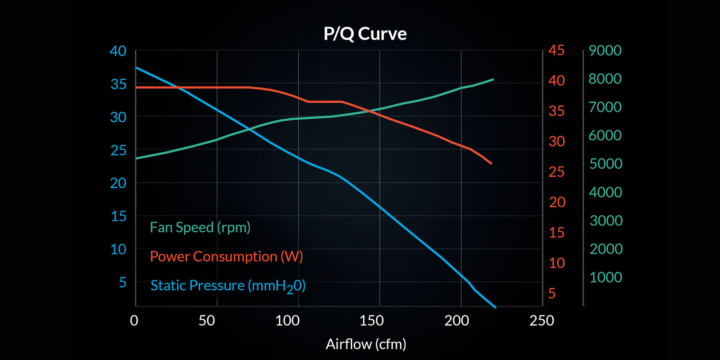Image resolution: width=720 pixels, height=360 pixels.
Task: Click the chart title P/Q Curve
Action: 365,34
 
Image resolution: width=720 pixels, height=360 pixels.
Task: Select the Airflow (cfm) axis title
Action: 366,344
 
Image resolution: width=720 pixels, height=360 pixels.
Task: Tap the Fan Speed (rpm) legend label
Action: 200,227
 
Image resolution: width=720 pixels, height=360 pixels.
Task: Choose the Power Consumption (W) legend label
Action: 226,256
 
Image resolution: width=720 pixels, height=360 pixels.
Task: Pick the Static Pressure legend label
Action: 228,286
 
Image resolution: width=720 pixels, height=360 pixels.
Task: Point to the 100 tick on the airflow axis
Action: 287,320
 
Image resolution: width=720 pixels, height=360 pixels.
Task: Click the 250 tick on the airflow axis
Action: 542,320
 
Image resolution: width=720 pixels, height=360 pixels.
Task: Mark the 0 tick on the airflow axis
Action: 134,320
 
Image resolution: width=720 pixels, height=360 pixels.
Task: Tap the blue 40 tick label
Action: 118,51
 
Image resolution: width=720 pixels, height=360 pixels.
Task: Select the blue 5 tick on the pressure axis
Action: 123,282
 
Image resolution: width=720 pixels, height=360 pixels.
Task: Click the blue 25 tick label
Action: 118,150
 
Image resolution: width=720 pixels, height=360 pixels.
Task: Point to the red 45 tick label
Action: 556,50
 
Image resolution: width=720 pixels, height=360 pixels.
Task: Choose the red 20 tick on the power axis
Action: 557,202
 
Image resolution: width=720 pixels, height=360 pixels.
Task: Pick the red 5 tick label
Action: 552,294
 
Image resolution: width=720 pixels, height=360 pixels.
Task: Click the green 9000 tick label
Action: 605,50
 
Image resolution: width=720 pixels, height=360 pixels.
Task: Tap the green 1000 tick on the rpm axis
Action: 606,277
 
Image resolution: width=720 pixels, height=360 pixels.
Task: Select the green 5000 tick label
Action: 606,164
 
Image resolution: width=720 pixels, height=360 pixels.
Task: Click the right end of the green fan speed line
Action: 493,80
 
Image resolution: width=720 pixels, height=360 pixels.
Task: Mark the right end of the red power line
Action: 491,164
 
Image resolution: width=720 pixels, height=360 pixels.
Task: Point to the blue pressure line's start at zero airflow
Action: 136,68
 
